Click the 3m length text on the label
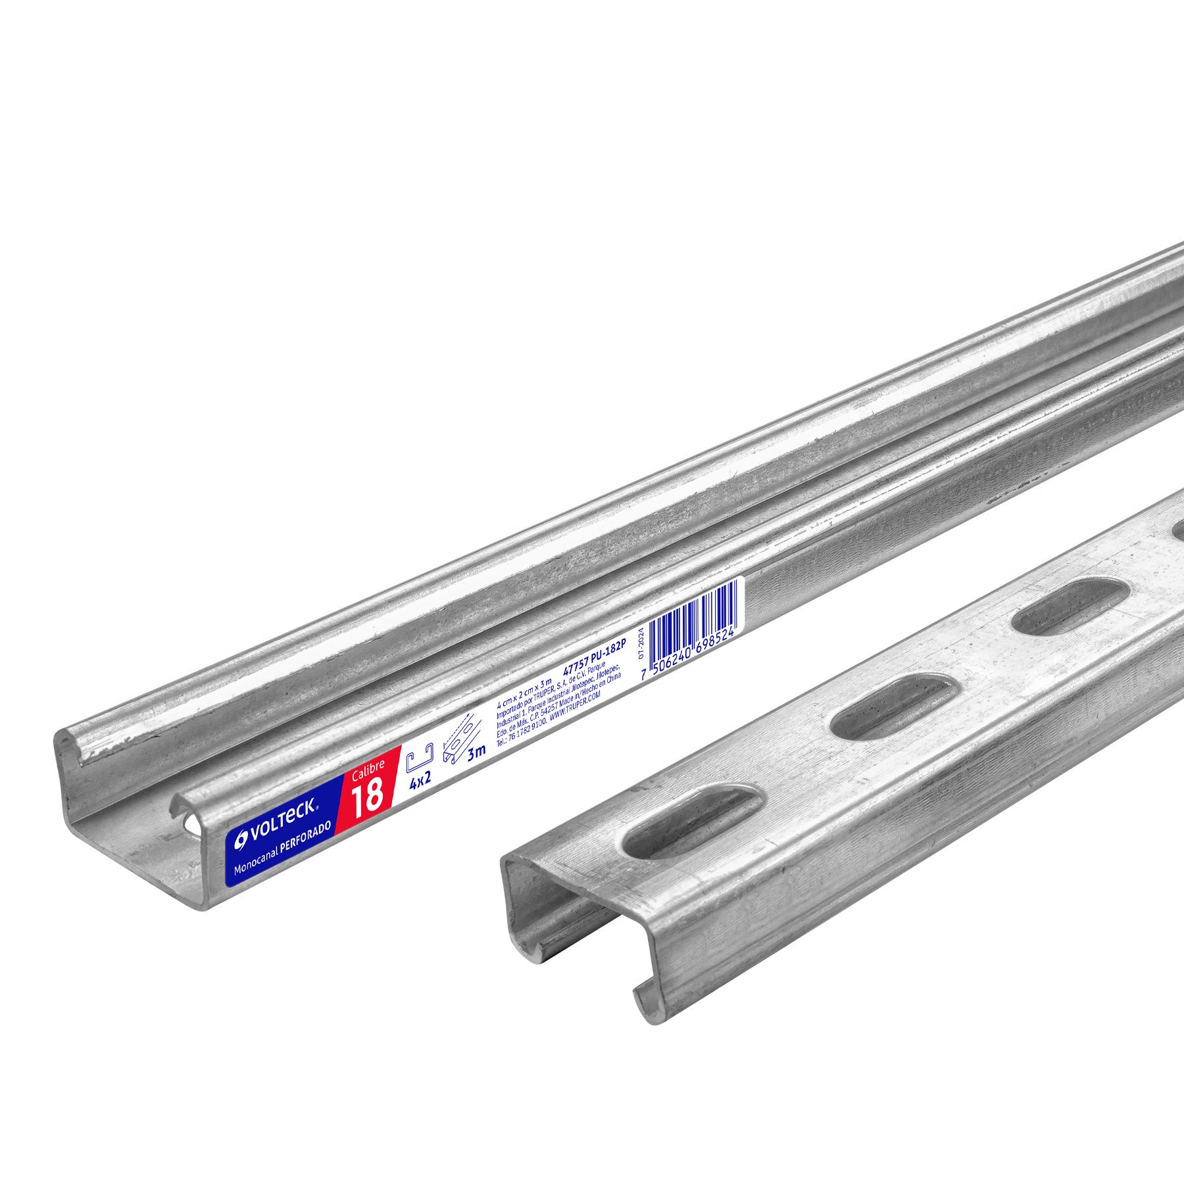click(x=475, y=752)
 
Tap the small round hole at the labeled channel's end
click(x=190, y=823)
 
